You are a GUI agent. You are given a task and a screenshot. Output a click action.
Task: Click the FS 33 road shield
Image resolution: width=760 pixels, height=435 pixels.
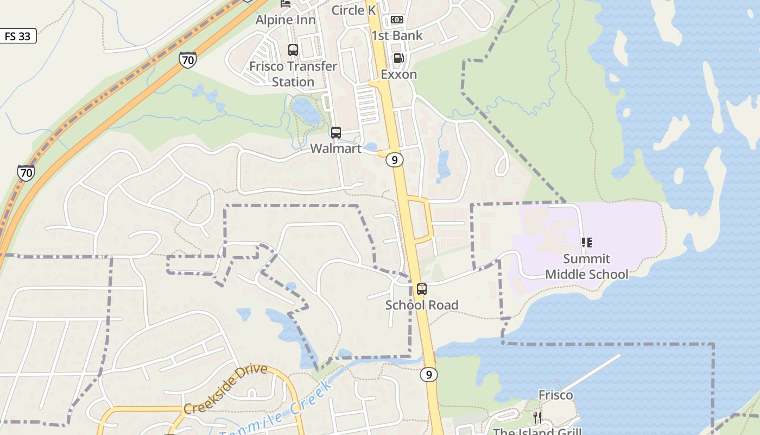pos(18,36)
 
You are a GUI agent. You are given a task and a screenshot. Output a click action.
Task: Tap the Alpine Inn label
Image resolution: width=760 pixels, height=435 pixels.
pos(286,20)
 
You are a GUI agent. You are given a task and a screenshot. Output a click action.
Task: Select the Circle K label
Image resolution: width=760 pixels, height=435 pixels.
pos(353,10)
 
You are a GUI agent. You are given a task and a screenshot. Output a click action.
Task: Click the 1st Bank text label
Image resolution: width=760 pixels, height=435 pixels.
pos(397,35)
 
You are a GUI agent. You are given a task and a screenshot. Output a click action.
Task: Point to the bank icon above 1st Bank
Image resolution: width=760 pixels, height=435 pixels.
pos(397,20)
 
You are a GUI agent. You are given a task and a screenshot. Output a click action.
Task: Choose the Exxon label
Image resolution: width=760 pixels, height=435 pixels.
pos(398,74)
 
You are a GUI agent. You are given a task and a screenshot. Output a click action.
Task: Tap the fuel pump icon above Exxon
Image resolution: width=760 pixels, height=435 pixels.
pos(398,58)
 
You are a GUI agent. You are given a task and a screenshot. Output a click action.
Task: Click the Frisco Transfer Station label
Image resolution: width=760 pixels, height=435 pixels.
pos(293,74)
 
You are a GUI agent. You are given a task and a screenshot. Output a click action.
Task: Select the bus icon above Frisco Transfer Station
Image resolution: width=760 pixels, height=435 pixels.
pos(293,50)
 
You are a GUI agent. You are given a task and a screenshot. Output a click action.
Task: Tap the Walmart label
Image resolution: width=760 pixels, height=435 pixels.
pos(335,148)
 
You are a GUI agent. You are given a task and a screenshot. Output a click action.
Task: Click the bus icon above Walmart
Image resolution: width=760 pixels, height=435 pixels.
pos(336,133)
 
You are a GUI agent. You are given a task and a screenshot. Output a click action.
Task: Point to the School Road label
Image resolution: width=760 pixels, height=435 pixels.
pos(422,304)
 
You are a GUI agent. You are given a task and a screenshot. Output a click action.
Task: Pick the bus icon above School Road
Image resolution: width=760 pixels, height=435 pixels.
pos(422,289)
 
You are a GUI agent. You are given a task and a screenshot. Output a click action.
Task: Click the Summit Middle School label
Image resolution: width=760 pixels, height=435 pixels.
pos(586,266)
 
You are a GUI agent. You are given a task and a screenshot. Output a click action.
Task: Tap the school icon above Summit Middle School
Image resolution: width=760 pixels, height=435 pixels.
pos(586,243)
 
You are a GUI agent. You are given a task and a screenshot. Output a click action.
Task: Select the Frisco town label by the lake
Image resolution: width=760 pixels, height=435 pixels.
pos(555,395)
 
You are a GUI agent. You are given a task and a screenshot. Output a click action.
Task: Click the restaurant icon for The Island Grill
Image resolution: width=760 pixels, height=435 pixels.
pos(537,418)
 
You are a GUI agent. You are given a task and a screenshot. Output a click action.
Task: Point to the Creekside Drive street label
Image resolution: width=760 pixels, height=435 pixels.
pos(225,389)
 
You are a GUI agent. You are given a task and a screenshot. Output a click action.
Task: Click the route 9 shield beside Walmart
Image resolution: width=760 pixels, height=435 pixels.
pos(395,160)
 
